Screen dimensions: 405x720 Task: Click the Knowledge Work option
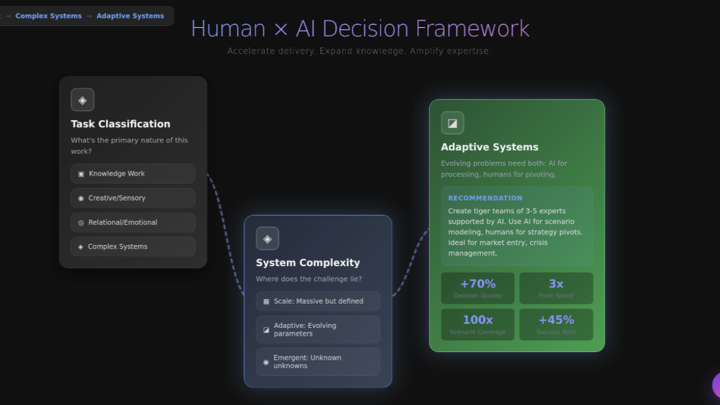click(133, 174)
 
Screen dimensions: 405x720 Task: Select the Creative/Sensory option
click(133, 198)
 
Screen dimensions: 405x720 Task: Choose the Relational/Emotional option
click(133, 222)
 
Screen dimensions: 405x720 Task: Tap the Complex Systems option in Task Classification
click(133, 246)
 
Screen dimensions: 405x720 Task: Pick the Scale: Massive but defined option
click(318, 301)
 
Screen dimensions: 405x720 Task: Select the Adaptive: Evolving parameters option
click(318, 330)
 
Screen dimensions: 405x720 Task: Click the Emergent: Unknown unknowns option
click(318, 362)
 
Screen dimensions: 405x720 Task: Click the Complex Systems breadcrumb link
click(48, 16)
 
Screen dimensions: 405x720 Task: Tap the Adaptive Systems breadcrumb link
click(130, 16)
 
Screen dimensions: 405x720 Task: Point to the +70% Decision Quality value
click(477, 284)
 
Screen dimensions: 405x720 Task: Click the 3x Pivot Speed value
click(556, 284)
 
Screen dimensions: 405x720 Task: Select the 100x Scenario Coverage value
click(477, 320)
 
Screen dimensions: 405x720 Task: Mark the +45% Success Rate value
click(556, 320)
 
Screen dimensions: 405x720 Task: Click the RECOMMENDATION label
click(485, 198)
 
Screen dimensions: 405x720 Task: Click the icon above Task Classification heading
click(82, 100)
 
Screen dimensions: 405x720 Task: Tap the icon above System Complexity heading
click(267, 238)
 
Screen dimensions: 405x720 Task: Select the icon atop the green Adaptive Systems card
click(452, 123)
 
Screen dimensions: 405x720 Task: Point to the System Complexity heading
click(308, 263)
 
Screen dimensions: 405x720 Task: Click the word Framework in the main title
click(473, 29)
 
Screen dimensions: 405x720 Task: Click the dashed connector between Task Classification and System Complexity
click(225, 236)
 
